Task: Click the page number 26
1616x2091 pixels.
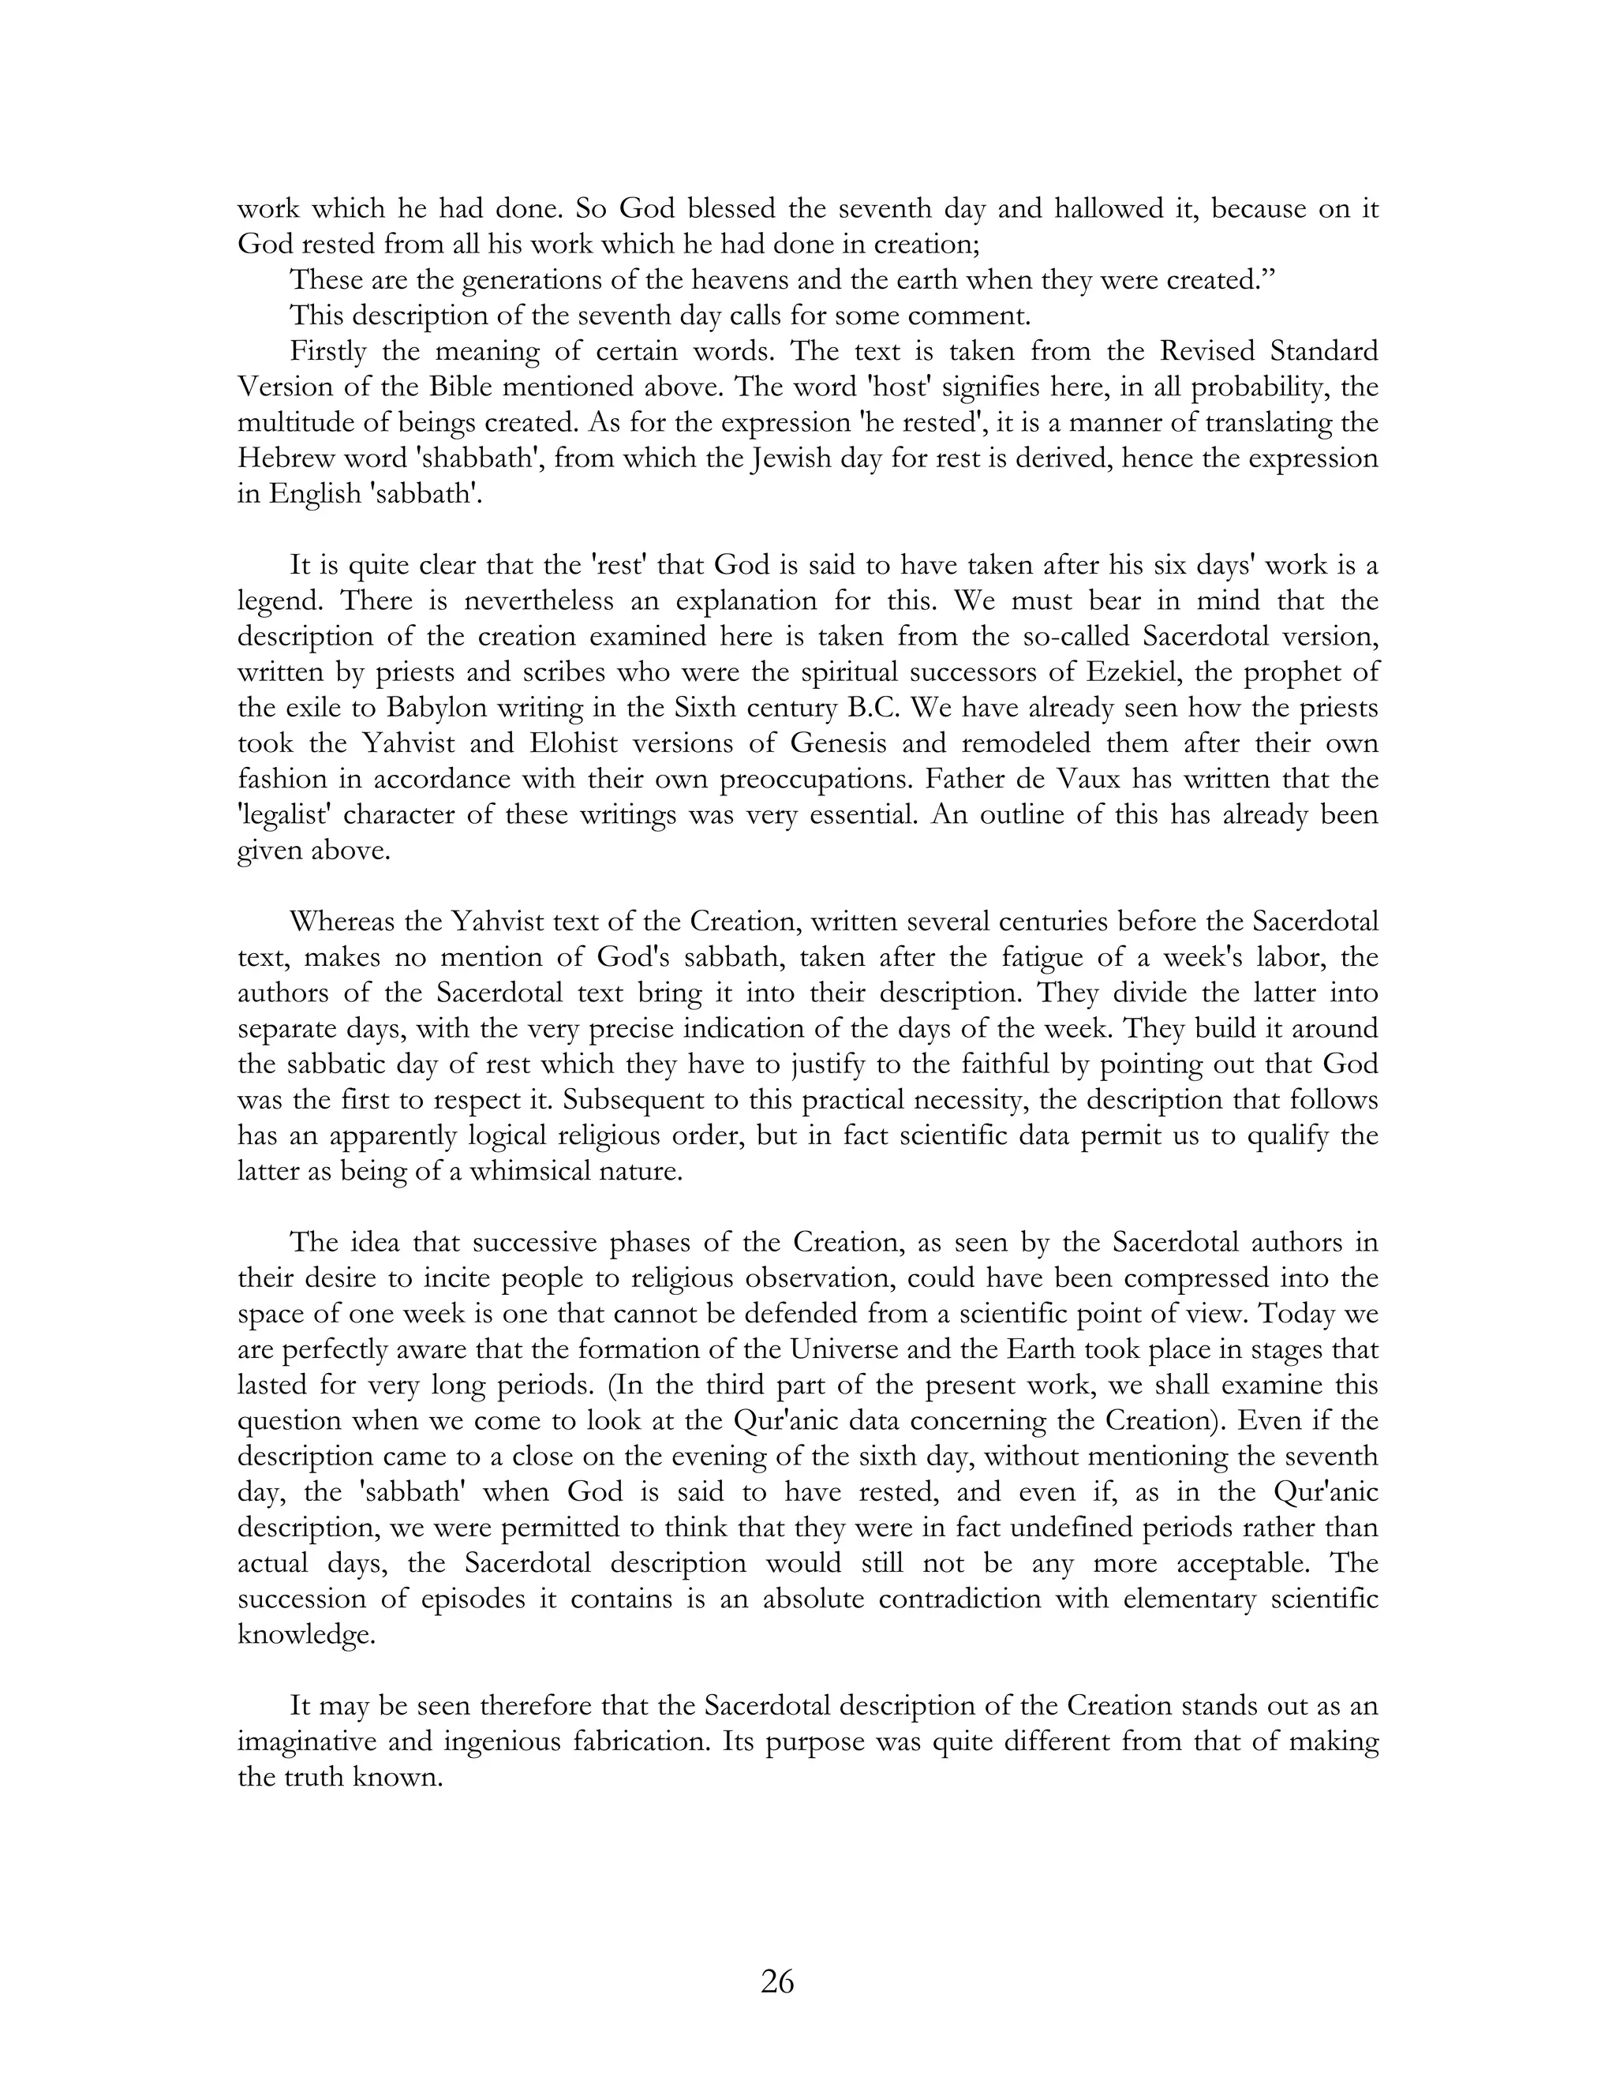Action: pyautogui.click(x=777, y=1981)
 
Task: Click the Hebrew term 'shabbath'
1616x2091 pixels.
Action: pyautogui.click(x=462, y=458)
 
